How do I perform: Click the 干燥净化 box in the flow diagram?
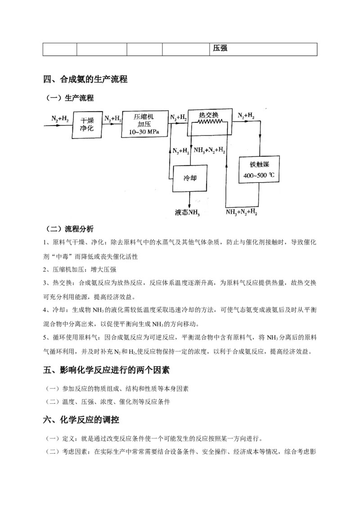[x=86, y=125]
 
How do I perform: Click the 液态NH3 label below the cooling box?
[x=187, y=211]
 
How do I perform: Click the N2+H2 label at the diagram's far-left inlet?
[x=60, y=119]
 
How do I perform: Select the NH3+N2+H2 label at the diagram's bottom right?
[x=242, y=211]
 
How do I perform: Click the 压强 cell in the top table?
[x=220, y=49]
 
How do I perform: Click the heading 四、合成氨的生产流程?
[x=85, y=80]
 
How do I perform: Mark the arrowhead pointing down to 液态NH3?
[x=190, y=205]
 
